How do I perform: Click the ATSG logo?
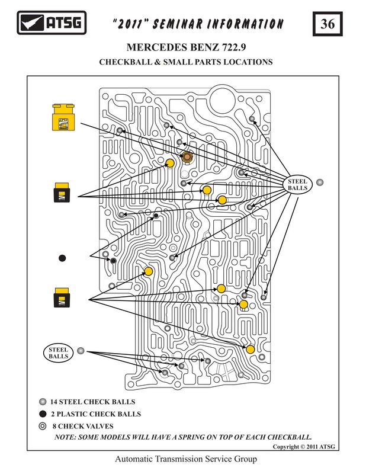tap(52, 23)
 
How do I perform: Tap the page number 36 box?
tap(328, 24)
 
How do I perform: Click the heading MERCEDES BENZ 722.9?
tap(186, 47)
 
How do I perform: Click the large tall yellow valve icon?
tap(63, 117)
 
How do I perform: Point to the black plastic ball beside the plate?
tap(62, 258)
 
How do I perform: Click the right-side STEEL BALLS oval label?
tap(297, 185)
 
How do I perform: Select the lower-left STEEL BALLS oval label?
tap(58, 353)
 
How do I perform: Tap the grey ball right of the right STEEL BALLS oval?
tap(320, 182)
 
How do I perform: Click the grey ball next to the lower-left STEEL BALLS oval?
tap(81, 351)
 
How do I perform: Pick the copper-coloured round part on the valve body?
tap(188, 156)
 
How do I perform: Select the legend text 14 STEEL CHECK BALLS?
tap(92, 402)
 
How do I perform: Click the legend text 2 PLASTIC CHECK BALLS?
tap(96, 414)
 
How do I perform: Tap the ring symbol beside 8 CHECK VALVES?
tap(43, 426)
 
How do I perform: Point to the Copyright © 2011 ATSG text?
tap(304, 447)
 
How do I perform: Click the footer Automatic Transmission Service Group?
tap(186, 459)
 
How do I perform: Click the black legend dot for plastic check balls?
tap(43, 414)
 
